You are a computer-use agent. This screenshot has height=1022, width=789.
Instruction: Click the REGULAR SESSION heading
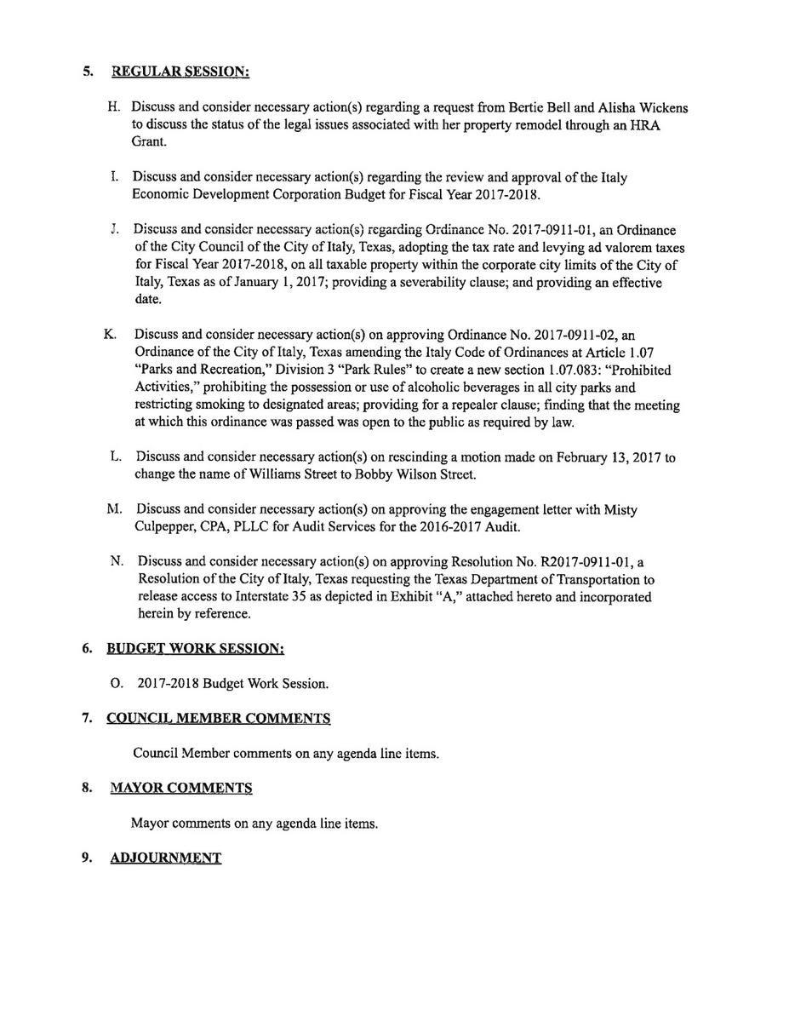tap(180, 72)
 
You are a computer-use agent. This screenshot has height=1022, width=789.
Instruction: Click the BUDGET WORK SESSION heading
tap(195, 649)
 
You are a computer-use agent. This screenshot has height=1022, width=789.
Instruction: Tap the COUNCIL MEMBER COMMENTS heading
tap(218, 719)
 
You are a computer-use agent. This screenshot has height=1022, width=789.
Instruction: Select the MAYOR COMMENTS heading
tap(181, 789)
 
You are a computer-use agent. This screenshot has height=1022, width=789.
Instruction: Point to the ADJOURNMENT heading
tap(166, 858)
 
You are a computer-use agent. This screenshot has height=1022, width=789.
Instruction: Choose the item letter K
tap(110, 334)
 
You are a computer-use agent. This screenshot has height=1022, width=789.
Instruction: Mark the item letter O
tap(117, 684)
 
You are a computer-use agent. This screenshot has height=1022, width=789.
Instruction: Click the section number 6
tap(87, 649)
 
